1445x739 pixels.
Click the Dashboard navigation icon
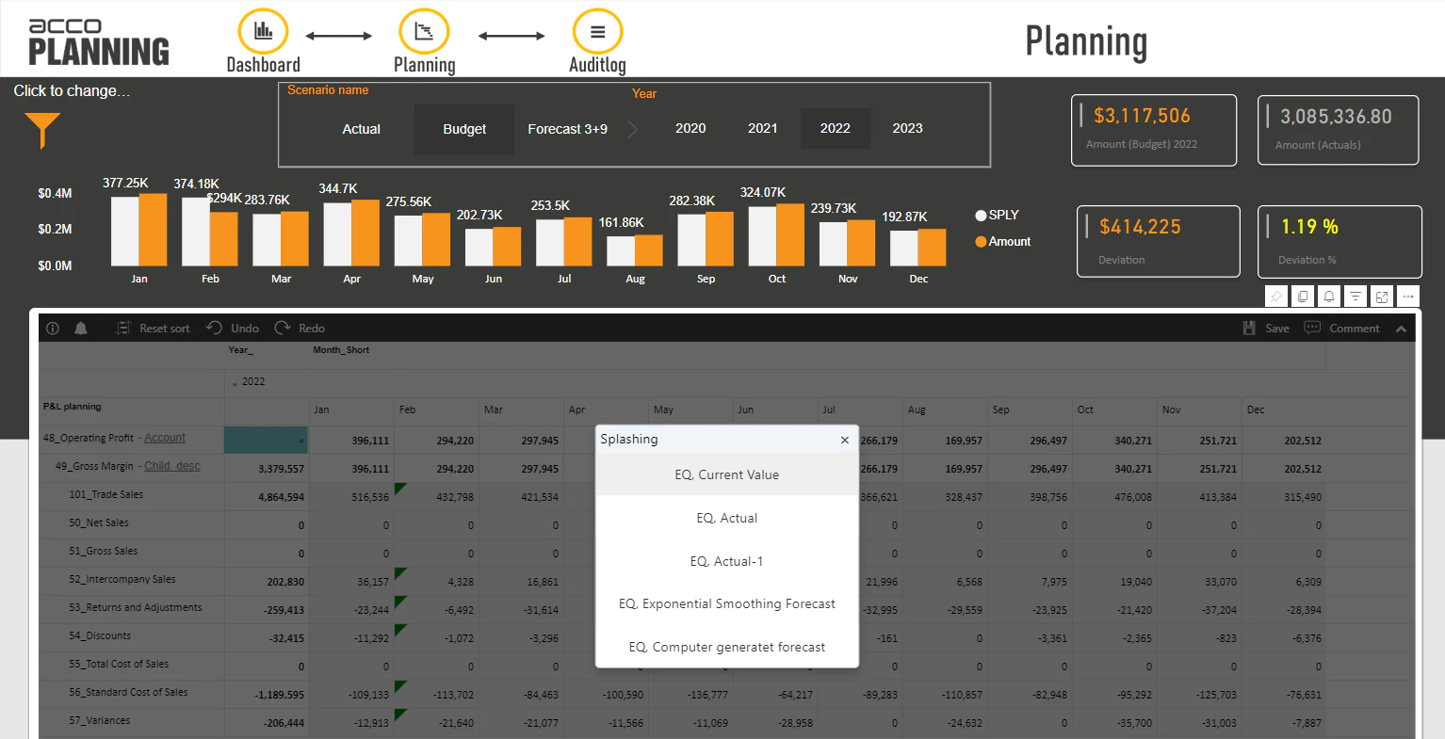pos(263,32)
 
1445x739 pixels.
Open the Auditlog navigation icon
pos(597,32)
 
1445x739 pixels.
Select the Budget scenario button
pos(464,129)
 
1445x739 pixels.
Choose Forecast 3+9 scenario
pos(567,129)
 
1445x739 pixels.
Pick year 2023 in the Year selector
pos(907,129)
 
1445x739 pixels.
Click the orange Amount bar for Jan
pos(153,230)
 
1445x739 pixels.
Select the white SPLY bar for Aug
pos(621,250)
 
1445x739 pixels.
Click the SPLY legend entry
pos(998,216)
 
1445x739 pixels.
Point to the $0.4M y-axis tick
pos(55,194)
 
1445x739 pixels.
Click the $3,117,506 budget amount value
pos(1142,116)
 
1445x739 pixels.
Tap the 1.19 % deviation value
pos(1309,227)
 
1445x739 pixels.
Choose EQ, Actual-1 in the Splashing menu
pos(726,561)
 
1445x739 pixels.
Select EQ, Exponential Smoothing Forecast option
pos(726,604)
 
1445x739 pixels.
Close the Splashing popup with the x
pos(845,440)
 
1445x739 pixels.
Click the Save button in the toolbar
pos(1267,329)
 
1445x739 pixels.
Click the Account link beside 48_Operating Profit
pos(165,438)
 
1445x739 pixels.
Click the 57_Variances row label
pos(99,721)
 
